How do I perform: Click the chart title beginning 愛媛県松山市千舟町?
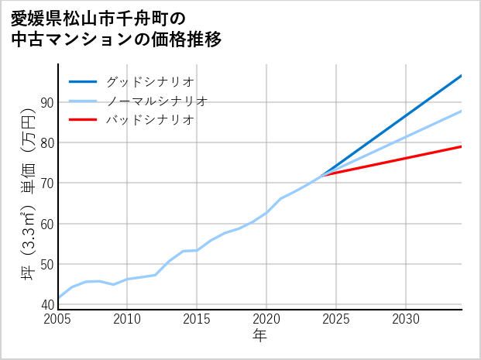116,29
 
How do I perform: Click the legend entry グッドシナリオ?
149,81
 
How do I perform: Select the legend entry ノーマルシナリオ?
157,101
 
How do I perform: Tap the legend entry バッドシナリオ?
149,120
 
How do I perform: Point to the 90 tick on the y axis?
46,102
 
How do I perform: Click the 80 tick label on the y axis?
46,142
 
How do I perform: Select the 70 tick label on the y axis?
46,183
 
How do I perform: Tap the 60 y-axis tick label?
46,224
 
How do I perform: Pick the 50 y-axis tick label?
46,264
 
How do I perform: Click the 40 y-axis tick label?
46,304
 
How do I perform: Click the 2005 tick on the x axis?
58,319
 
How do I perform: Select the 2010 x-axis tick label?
128,319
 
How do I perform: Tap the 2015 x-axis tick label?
198,319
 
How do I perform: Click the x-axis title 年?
260,336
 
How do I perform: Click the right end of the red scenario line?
462,146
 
